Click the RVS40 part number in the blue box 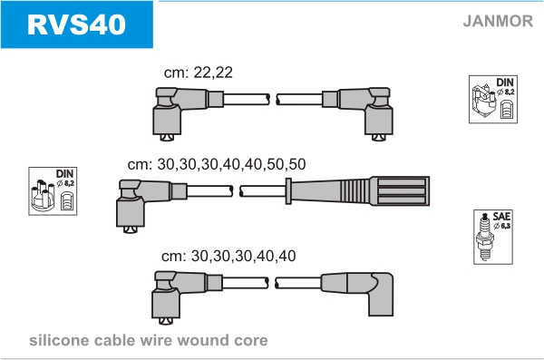coord(76,24)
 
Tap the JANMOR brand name coord(498,21)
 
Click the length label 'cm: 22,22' coord(198,73)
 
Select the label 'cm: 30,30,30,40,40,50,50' coord(217,164)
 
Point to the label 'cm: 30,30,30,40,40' coord(228,257)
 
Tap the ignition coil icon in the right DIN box coord(483,101)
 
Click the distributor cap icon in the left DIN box coord(44,195)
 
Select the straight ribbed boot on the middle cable coord(359,191)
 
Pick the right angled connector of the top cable coord(361,112)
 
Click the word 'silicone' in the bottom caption coord(58,340)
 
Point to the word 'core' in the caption coord(251,341)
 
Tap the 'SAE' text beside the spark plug coord(501,217)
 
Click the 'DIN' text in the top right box coord(505,83)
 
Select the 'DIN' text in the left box coord(65,174)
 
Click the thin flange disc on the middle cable coord(288,191)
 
